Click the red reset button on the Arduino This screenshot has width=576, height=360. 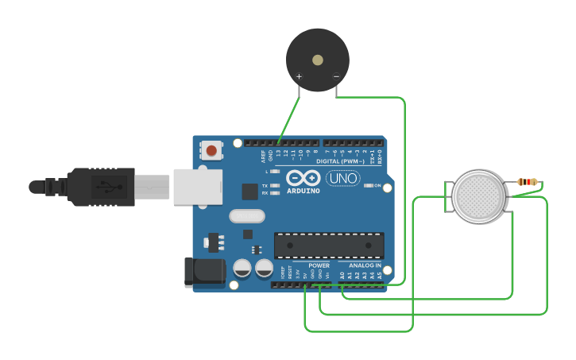[211, 149]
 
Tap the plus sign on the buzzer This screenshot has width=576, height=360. [299, 77]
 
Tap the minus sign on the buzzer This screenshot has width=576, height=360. [336, 77]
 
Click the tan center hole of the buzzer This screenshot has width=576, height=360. [318, 60]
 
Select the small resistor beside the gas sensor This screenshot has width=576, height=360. [527, 182]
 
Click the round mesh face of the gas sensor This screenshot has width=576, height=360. [478, 195]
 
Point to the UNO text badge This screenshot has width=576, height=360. [342, 178]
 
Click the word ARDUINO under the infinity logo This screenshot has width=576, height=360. [303, 191]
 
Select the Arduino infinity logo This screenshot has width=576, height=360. [303, 178]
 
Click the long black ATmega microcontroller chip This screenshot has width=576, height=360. [329, 245]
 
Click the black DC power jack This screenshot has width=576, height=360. [203, 272]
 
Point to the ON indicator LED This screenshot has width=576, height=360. [369, 186]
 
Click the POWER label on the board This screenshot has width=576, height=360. [319, 265]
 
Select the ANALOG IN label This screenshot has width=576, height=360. [365, 265]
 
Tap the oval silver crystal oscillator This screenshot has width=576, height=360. [246, 215]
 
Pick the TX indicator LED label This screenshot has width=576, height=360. [265, 185]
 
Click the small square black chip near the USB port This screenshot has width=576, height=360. [250, 191]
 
